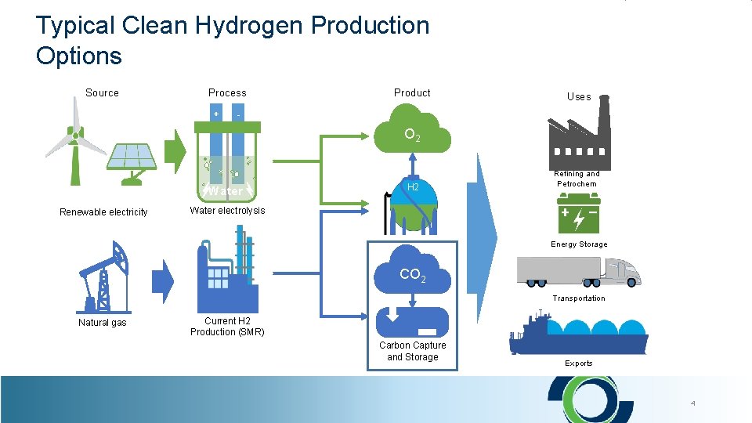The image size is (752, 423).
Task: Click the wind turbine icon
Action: (x=75, y=145)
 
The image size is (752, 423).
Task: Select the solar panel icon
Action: (x=131, y=162)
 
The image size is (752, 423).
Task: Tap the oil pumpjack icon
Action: (x=104, y=277)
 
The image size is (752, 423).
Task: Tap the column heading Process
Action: (x=227, y=92)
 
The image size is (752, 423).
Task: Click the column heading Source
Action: (x=102, y=92)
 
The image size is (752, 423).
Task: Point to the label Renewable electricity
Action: (x=103, y=212)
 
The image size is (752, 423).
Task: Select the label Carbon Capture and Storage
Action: (x=412, y=351)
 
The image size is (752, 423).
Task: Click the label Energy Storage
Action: (x=579, y=244)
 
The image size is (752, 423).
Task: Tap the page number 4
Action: (x=692, y=403)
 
